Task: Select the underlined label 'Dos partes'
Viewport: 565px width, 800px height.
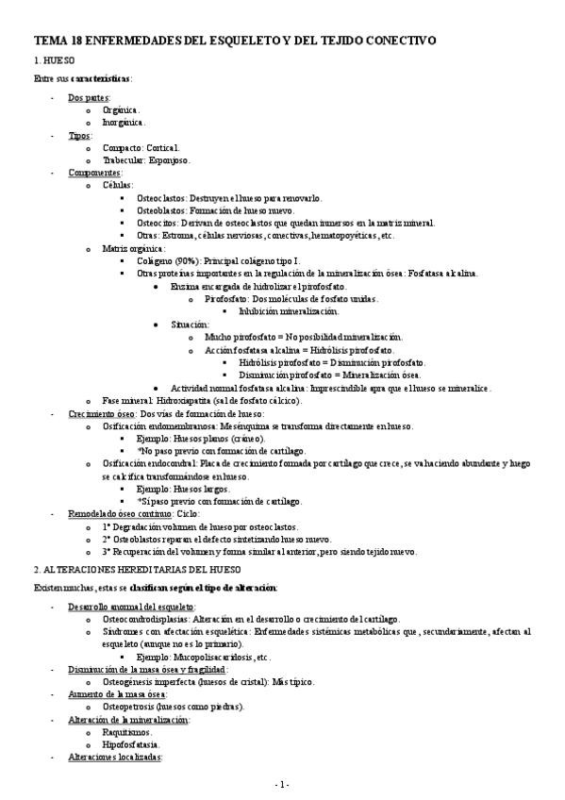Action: pos(89,97)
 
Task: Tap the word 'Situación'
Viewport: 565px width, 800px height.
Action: pos(190,324)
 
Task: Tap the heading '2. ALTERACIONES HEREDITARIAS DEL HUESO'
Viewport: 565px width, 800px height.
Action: pos(137,571)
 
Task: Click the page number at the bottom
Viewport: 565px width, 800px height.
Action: pos(282,785)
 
